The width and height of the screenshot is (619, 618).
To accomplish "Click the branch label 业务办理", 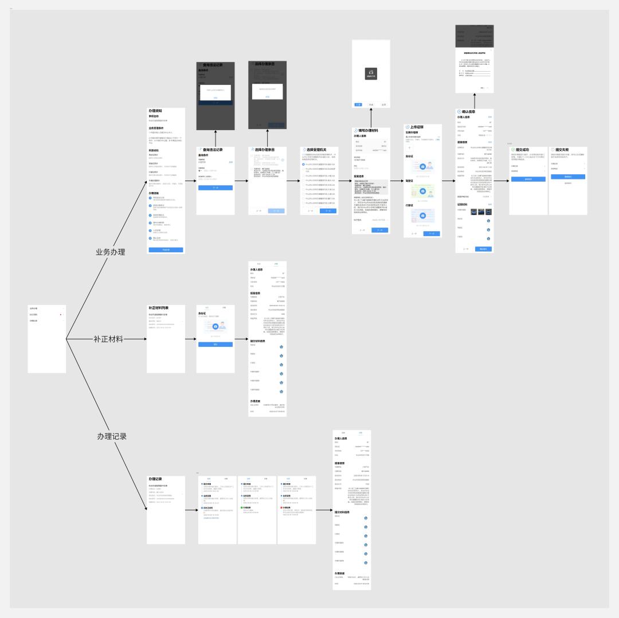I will [x=110, y=252].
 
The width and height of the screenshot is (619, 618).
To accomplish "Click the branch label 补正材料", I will [x=108, y=339].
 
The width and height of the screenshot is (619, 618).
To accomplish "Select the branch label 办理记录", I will [x=112, y=436].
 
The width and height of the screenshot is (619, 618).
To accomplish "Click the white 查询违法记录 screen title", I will [x=213, y=150].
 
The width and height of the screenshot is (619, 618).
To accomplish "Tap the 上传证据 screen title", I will [x=419, y=127].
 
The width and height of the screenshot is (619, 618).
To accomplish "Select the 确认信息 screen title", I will [x=468, y=112].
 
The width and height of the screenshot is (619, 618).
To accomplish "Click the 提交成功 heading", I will [x=522, y=150].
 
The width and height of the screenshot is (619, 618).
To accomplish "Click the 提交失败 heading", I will [x=562, y=150].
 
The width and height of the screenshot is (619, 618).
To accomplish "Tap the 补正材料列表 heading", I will [x=159, y=308].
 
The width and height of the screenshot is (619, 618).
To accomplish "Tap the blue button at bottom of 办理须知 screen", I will [x=166, y=250].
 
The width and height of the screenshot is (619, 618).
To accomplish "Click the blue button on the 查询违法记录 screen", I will [x=216, y=187].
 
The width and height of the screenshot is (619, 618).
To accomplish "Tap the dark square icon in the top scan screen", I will [x=371, y=73].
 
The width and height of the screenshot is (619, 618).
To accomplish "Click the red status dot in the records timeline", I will [x=282, y=507].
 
